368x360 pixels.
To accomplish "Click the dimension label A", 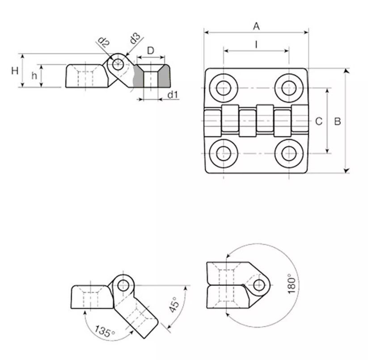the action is coord(257,26).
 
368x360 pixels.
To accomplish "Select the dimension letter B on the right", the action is coord(338,121).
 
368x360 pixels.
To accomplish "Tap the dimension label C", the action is coord(319,121).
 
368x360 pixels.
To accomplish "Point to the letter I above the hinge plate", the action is coord(257,44).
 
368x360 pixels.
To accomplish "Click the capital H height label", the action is coord(15,70).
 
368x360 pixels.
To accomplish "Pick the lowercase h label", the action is coord(34,76).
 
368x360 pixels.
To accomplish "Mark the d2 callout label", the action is coord(103,42).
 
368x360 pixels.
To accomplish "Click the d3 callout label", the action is coord(135,38).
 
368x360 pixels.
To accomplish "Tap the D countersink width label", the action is coord(151,51).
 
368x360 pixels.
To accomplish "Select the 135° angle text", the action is coord(105,331).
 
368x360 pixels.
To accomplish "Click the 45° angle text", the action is coord(174,305).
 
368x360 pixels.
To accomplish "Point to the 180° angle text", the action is coord(292,284).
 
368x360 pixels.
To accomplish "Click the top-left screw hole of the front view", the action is coord(224,88).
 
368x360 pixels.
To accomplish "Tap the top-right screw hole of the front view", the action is coord(289,88).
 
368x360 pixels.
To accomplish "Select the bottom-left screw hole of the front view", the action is coord(224,153).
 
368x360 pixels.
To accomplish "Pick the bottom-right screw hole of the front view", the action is coord(289,153).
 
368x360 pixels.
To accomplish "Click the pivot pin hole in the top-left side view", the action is coord(118,64).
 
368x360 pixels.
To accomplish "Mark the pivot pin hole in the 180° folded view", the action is coord(259,285).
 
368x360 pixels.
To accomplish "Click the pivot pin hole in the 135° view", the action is coord(123,286).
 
